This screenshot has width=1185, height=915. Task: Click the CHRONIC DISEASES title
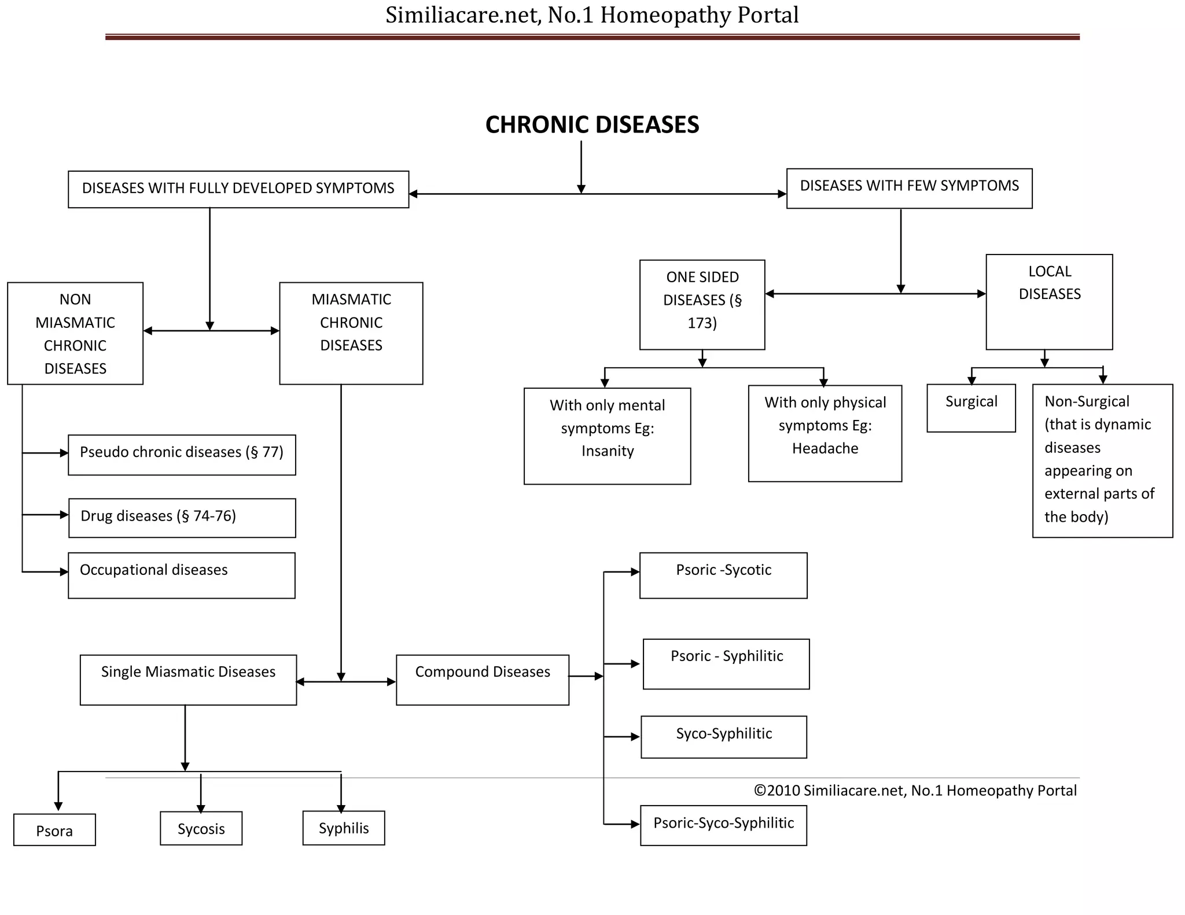(x=592, y=125)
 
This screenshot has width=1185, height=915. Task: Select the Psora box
(x=54, y=830)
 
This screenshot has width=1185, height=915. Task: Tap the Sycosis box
(x=201, y=828)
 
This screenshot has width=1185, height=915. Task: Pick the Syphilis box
(x=344, y=828)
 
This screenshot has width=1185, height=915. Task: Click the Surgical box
(x=971, y=407)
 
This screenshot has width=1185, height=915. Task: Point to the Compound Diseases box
(x=483, y=679)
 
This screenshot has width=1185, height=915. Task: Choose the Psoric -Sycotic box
(x=723, y=575)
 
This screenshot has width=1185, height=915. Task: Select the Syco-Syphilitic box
(x=724, y=736)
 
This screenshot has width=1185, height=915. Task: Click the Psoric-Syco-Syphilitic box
(x=723, y=825)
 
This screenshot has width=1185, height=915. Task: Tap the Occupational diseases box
(x=182, y=575)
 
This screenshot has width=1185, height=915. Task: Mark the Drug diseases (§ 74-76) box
(x=182, y=518)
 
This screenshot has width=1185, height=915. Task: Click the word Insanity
(x=608, y=451)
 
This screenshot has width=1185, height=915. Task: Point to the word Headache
(x=825, y=448)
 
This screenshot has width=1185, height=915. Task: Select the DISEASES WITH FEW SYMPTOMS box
(x=909, y=188)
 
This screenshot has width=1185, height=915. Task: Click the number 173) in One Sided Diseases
(x=702, y=323)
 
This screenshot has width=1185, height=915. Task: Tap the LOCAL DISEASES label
(x=1049, y=283)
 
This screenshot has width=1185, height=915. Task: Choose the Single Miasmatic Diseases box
(x=188, y=679)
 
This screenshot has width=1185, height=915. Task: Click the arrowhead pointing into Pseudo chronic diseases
(x=64, y=453)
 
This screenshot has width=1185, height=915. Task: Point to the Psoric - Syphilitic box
(x=726, y=663)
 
